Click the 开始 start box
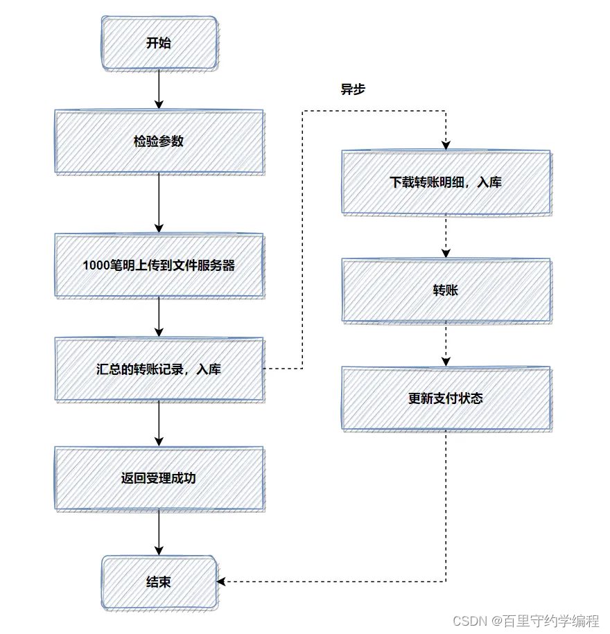(159, 44)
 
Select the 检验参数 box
(159, 141)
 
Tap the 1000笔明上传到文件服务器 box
(159, 265)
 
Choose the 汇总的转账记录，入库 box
(159, 369)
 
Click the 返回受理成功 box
(159, 478)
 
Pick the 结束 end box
(159, 582)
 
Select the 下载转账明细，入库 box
(446, 182)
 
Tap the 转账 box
(446, 290)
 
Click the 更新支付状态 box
(446, 398)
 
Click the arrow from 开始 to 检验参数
(159, 89)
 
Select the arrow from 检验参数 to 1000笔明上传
(159, 202)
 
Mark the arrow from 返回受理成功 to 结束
(159, 532)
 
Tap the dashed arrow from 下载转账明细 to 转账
(446, 236)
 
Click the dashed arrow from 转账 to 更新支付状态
(446, 344)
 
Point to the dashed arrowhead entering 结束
(223, 581)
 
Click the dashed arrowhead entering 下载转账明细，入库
(446, 145)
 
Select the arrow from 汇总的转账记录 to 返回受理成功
(159, 423)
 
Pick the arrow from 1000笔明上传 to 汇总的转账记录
(159, 317)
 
